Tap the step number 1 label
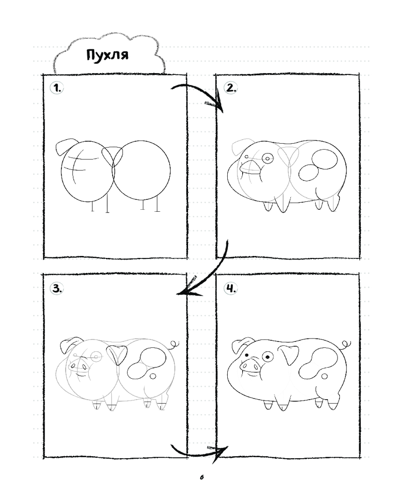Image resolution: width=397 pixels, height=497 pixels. click(57, 88)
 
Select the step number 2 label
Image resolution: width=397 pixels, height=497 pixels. click(230, 87)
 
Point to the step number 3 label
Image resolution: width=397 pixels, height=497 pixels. click(57, 288)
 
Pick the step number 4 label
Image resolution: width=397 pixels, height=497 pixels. click(230, 288)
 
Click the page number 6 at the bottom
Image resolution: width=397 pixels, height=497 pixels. click(201, 477)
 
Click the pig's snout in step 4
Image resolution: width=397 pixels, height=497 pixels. click(250, 365)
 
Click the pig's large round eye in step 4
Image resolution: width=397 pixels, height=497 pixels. click(268, 357)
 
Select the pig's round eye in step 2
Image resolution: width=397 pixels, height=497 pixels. click(267, 158)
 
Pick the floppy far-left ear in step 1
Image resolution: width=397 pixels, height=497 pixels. click(66, 146)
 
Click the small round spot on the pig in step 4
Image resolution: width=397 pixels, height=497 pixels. click(325, 376)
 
